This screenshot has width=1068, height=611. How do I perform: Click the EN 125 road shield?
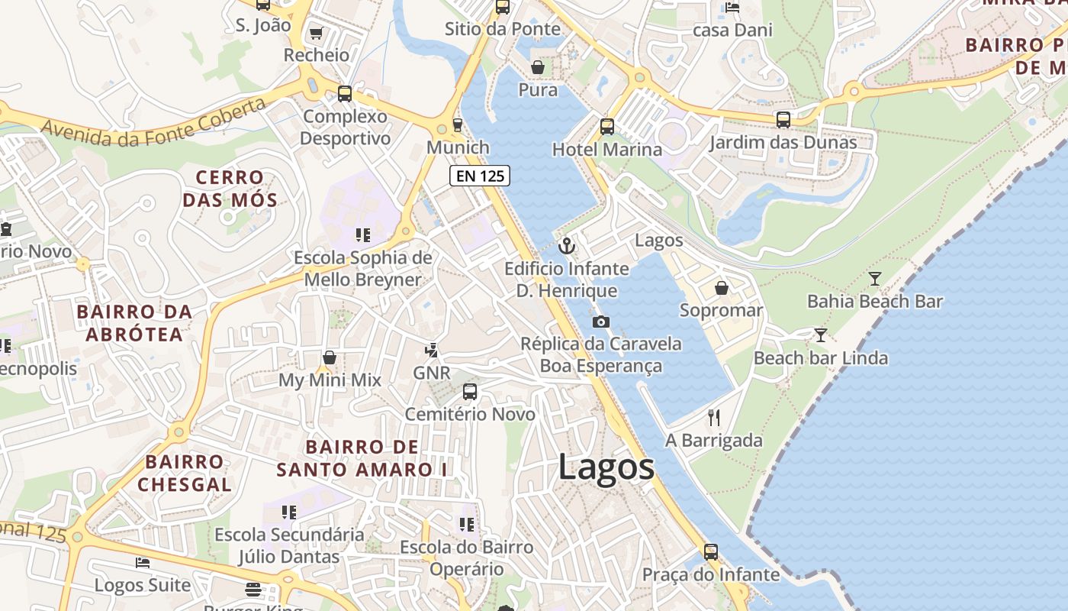(x=479, y=176)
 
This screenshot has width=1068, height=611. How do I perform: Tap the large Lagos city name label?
(x=606, y=467)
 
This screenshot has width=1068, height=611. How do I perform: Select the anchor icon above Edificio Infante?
(x=566, y=246)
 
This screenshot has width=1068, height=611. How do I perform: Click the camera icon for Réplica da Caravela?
(x=601, y=322)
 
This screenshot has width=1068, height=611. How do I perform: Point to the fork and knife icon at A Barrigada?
(x=714, y=417)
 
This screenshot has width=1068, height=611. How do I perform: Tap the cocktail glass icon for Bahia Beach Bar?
(x=875, y=279)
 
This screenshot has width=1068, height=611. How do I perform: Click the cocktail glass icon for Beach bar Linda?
(x=821, y=335)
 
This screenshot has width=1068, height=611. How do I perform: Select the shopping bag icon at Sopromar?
(x=721, y=288)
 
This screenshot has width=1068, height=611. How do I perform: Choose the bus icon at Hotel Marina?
(x=607, y=127)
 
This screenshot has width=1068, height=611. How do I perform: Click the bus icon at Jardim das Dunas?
(x=783, y=120)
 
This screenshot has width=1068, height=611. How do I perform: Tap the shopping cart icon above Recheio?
(x=316, y=33)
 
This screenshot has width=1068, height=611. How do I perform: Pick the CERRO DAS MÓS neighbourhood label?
(x=230, y=189)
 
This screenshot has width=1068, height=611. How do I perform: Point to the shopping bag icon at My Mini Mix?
(x=330, y=357)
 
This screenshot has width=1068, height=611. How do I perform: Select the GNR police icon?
(x=432, y=351)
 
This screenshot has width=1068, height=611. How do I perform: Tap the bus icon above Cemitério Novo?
(x=470, y=392)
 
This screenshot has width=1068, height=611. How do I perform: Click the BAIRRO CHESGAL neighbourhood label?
(x=185, y=473)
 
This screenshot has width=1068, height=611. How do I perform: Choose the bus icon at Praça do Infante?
(x=711, y=551)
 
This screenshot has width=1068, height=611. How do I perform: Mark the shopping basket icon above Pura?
(x=538, y=67)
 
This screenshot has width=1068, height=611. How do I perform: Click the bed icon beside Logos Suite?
(x=143, y=563)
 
